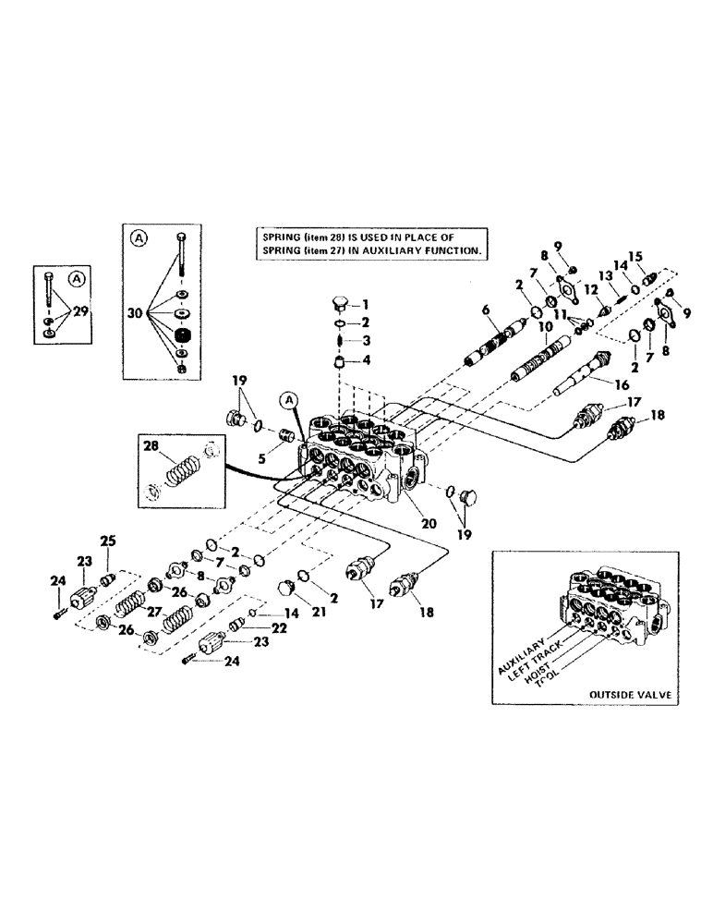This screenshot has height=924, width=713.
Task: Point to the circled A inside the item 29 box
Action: point(77,277)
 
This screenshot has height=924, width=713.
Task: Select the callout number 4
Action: point(365,360)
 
